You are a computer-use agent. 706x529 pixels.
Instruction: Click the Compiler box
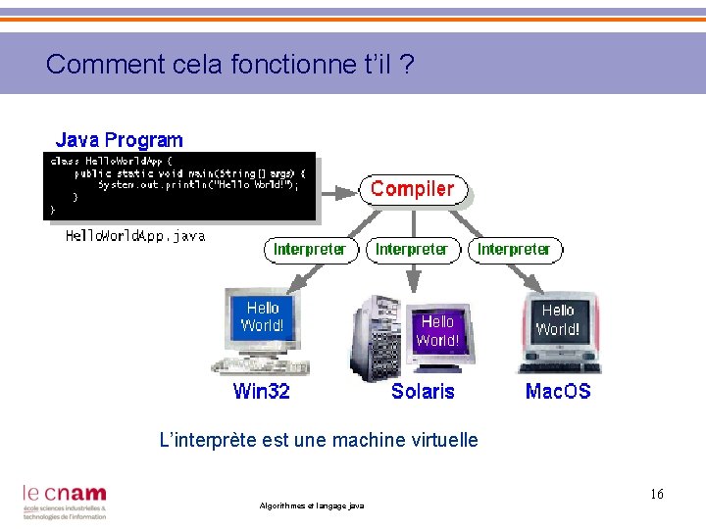(413, 189)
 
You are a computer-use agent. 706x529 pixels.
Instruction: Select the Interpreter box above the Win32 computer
(310, 250)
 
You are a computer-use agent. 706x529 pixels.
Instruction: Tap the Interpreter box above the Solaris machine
(412, 250)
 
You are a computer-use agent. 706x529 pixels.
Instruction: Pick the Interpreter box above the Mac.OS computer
(514, 250)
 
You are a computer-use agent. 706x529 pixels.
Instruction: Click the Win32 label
(262, 392)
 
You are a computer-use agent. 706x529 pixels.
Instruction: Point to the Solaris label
(423, 392)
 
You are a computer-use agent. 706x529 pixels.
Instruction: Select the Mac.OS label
(558, 392)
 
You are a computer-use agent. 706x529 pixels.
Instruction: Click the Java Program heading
(119, 140)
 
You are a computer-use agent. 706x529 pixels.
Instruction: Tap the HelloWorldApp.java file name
(135, 236)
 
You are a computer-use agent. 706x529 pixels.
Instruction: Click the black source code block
(181, 185)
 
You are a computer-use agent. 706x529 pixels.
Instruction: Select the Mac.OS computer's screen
(558, 320)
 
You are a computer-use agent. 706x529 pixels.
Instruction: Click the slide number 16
(656, 495)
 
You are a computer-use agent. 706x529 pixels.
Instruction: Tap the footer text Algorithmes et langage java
(311, 505)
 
